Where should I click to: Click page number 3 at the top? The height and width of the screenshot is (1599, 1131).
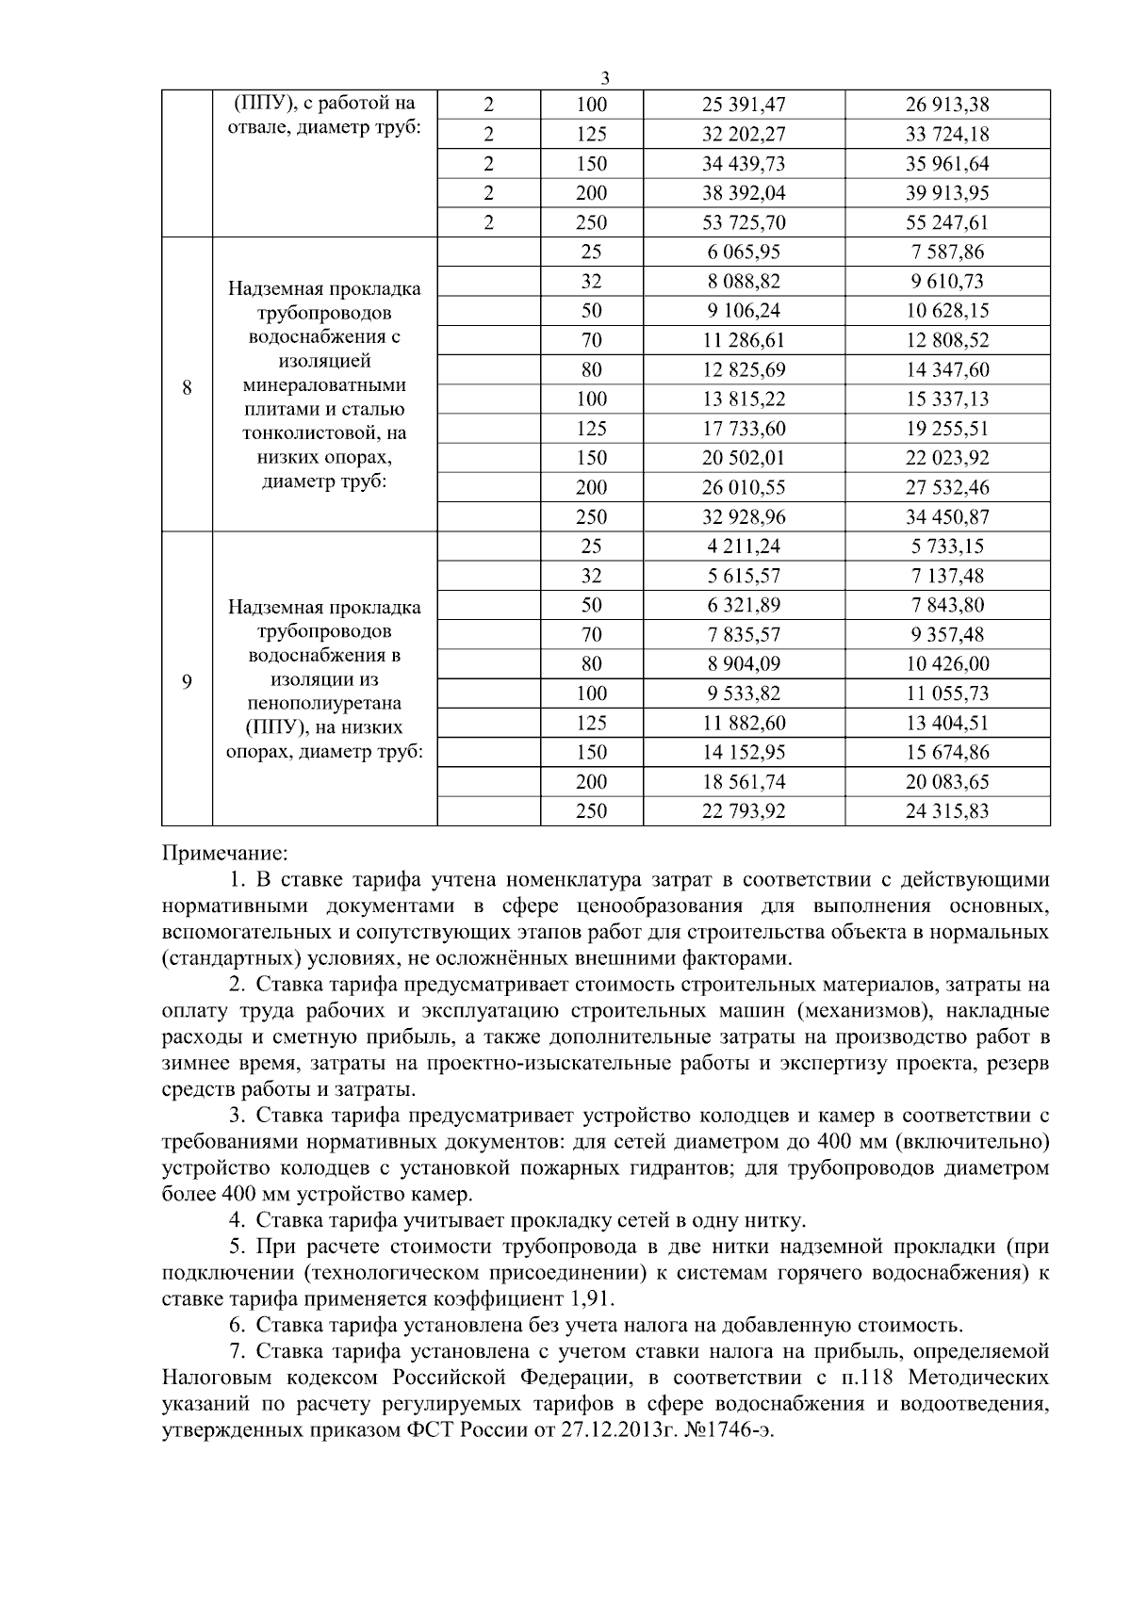(604, 78)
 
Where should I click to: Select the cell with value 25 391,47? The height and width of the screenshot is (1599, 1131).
(743, 105)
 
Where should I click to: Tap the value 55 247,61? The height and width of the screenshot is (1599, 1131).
(947, 223)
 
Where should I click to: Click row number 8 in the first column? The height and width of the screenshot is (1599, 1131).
(187, 386)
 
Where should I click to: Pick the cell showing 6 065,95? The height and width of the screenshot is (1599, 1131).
(743, 253)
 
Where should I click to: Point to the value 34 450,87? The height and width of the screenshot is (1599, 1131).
(947, 517)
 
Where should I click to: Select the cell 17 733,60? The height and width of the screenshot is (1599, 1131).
(743, 429)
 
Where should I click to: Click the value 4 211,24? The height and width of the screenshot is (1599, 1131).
(743, 547)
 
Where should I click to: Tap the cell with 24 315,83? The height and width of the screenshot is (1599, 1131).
(947, 811)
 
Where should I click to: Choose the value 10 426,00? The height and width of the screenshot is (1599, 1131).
(947, 664)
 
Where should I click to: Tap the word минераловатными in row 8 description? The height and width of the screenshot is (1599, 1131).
(324, 385)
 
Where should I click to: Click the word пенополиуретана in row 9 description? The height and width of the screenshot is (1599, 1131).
(324, 704)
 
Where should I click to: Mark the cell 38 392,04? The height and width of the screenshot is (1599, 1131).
(743, 193)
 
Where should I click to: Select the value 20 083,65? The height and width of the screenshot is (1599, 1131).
(947, 782)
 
